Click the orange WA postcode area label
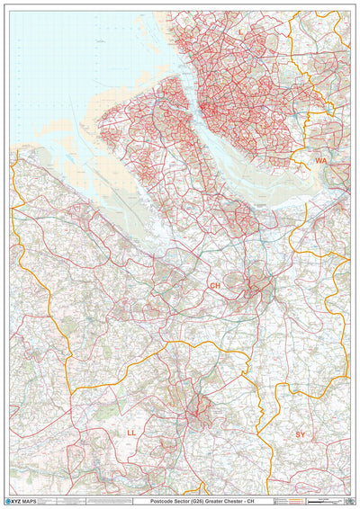pyautogui.click(x=320, y=160)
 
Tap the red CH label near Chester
pyautogui.click(x=214, y=286)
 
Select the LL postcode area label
pyautogui.click(x=131, y=433)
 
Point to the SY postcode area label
pyautogui.click(x=301, y=434)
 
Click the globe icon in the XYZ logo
pyautogui.click(x=12, y=498)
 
